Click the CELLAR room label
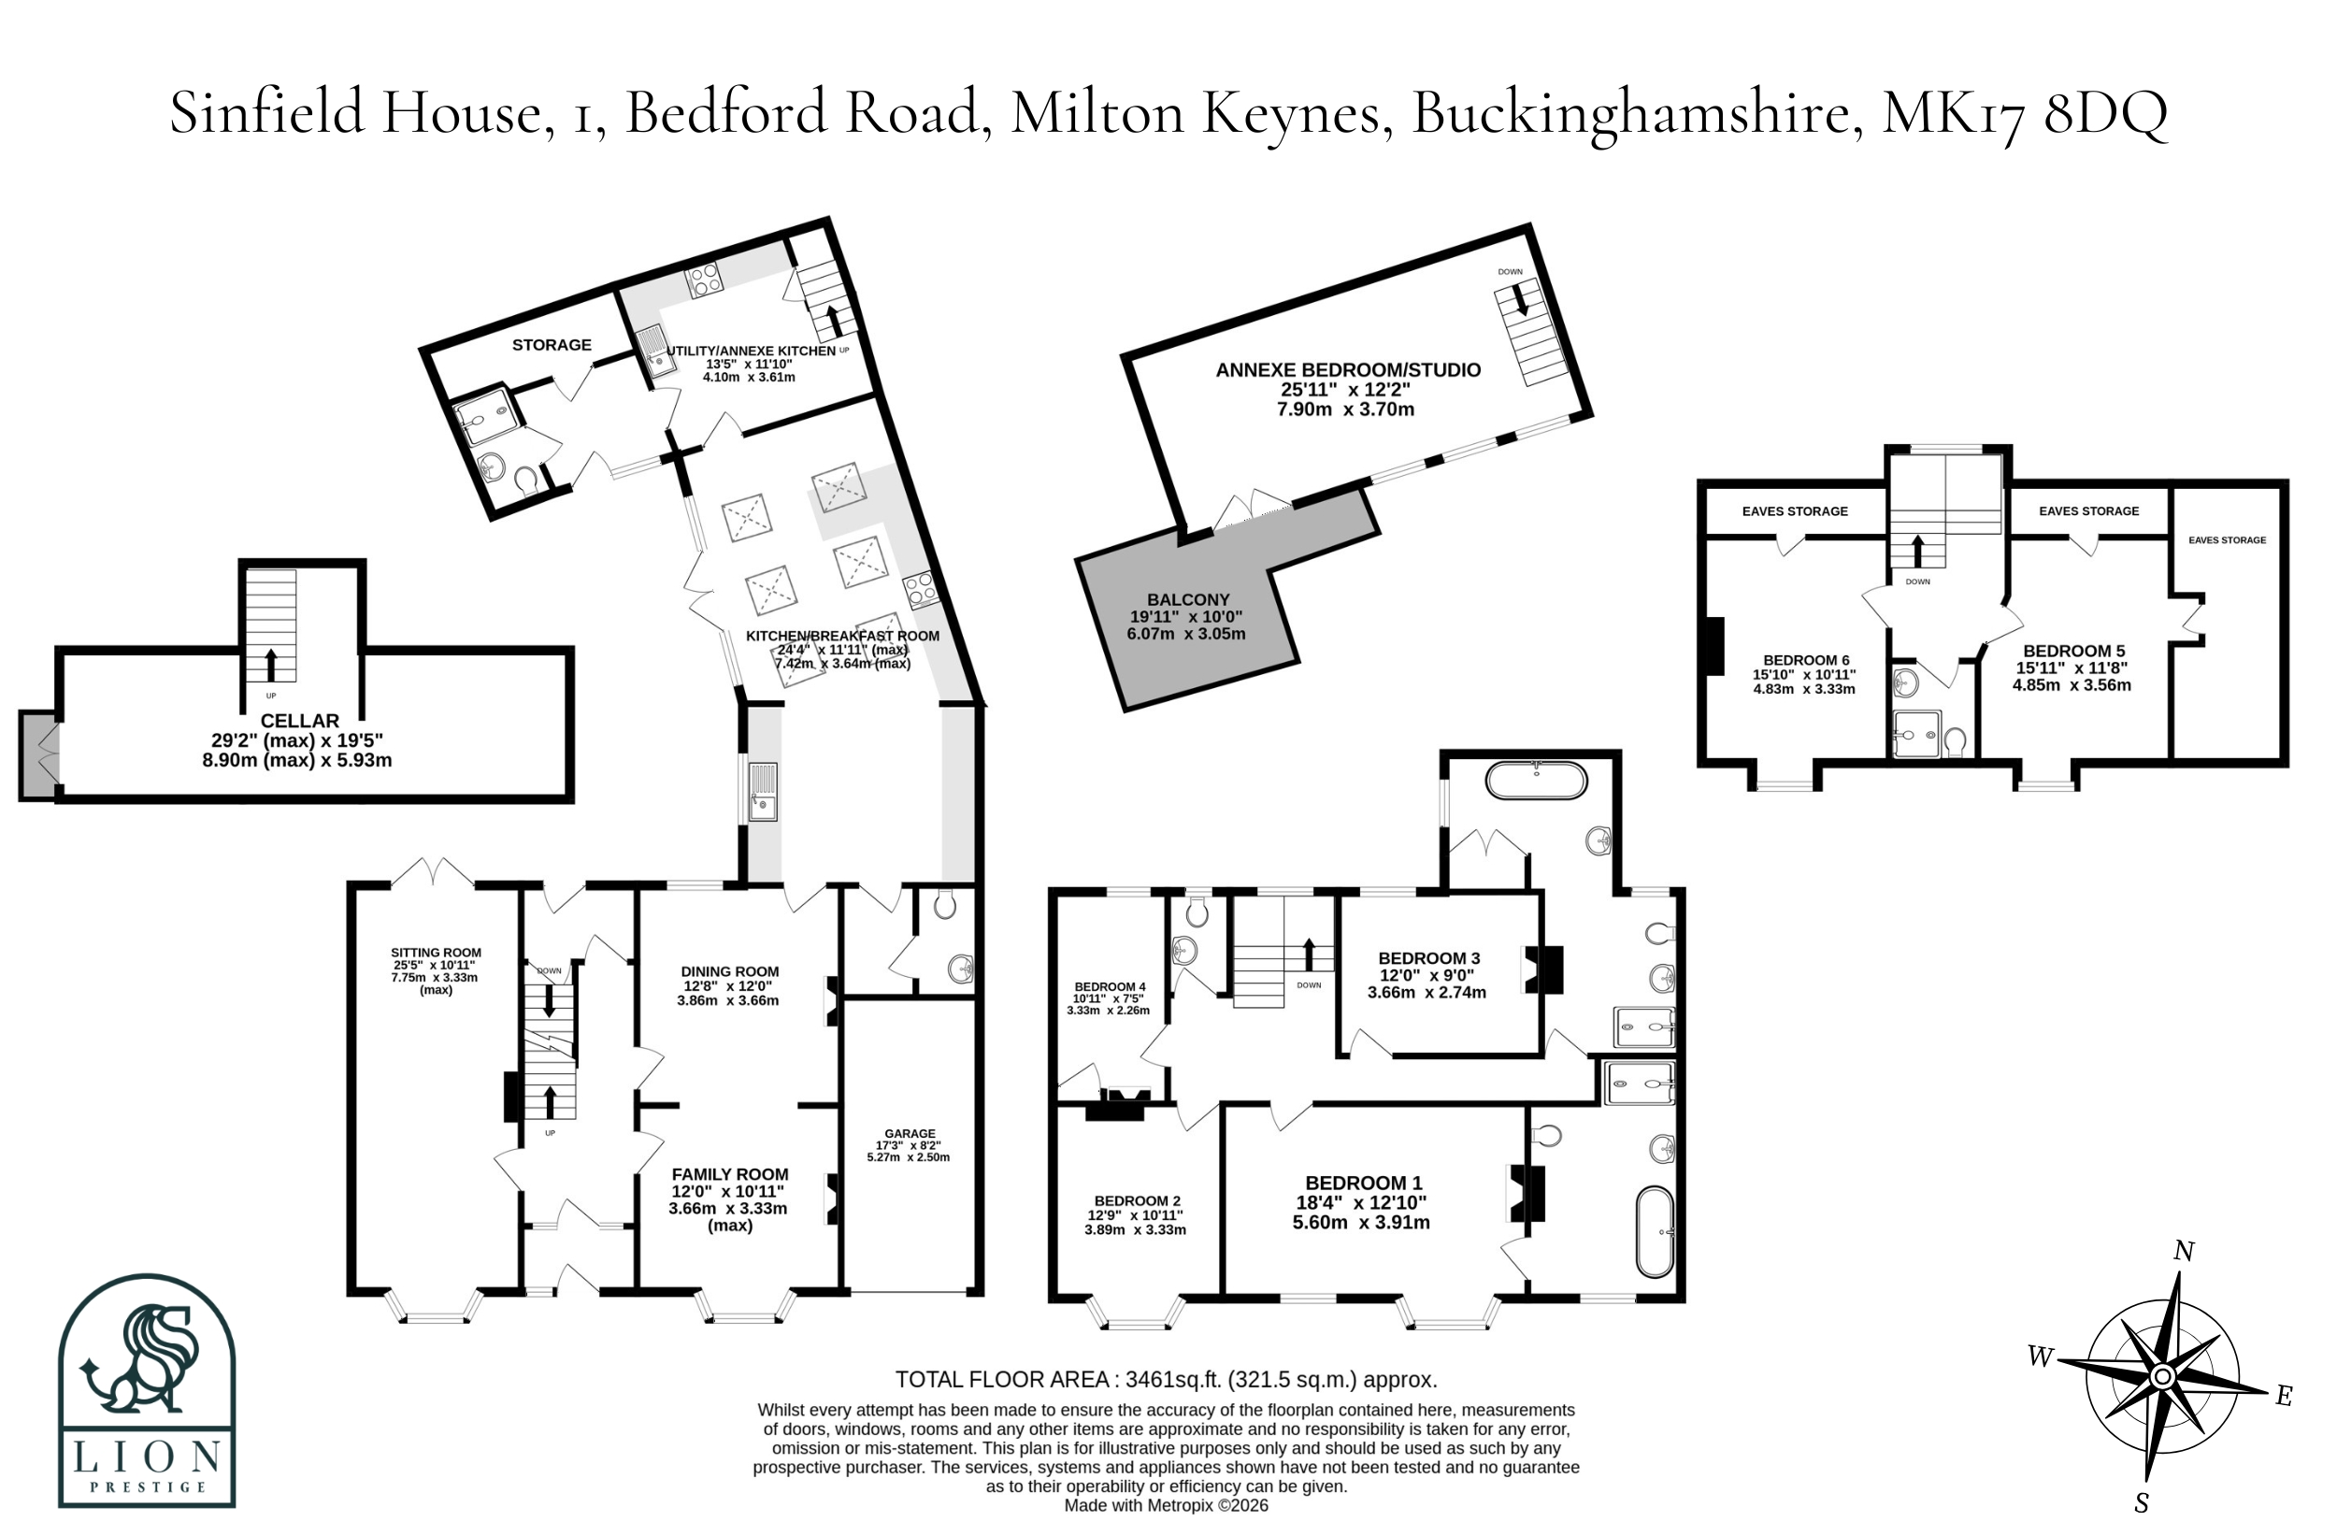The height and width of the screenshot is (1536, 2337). (x=299, y=721)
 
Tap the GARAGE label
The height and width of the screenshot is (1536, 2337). (x=910, y=1132)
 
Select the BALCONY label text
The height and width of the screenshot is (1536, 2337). (x=1188, y=599)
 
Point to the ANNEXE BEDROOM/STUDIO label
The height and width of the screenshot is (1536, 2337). (x=1348, y=370)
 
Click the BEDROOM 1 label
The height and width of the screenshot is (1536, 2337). (x=1363, y=1184)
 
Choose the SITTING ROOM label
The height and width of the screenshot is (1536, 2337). (x=436, y=953)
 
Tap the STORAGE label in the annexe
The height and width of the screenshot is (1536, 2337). (x=552, y=345)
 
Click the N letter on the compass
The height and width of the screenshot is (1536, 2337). (x=2183, y=1251)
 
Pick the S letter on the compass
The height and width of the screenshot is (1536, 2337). (x=2142, y=1502)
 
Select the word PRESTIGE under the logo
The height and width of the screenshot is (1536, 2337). (x=148, y=1486)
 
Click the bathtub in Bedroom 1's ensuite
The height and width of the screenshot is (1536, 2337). (x=1655, y=1231)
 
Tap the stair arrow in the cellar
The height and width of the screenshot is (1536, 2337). (x=271, y=664)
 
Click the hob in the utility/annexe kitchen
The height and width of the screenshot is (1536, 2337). (x=705, y=280)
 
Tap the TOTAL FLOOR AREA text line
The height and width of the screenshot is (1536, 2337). (x=1166, y=1379)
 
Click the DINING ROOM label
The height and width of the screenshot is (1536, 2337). (x=729, y=971)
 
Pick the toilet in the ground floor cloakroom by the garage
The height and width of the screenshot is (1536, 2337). (x=945, y=903)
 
